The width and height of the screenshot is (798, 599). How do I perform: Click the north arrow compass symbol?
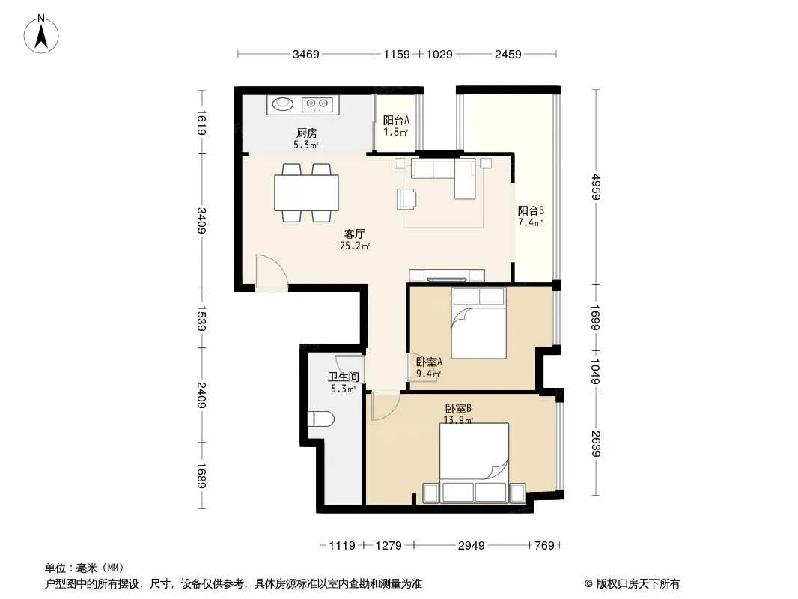[41, 34]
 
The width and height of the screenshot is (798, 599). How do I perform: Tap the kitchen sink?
[282, 104]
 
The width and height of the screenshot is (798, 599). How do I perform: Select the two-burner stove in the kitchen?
[317, 104]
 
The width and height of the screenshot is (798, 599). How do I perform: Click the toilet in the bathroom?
[321, 419]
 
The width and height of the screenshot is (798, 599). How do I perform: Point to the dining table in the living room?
[306, 192]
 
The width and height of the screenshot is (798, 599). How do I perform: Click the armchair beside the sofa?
[406, 198]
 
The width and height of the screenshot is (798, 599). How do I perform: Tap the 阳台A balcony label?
[396, 120]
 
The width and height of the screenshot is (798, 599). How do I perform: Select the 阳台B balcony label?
[531, 210]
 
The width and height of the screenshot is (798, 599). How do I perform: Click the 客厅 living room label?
[355, 234]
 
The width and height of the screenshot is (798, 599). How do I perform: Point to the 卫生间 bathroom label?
[343, 377]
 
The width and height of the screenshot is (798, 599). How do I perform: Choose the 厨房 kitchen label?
[307, 133]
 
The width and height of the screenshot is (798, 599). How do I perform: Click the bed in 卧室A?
[478, 323]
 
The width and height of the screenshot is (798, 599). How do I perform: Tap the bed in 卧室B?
[474, 463]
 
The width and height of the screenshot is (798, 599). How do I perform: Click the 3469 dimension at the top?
[306, 55]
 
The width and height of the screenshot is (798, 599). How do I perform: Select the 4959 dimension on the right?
[596, 187]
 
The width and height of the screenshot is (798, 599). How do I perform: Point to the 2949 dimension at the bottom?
[472, 546]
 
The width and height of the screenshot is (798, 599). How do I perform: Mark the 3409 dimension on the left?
[201, 220]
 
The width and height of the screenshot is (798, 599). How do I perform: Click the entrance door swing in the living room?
[271, 273]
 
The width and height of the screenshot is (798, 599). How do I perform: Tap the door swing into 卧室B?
[386, 406]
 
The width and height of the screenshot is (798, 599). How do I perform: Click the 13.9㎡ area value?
[459, 420]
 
